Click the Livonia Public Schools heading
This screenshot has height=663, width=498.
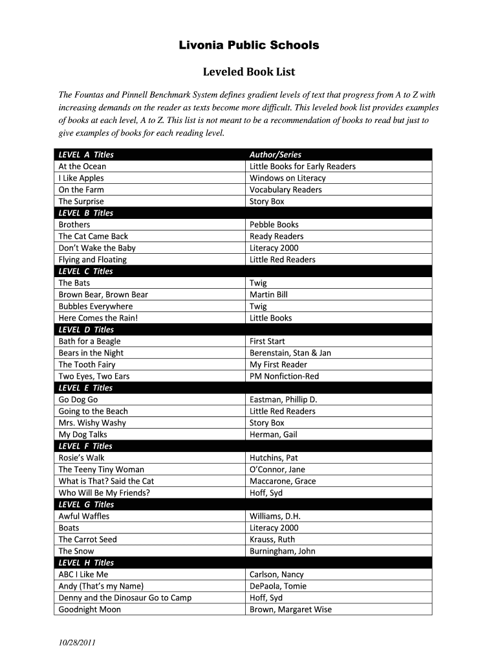[x=249, y=45]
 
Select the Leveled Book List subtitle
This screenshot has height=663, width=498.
[x=249, y=72]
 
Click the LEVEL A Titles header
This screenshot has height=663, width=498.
[x=86, y=155]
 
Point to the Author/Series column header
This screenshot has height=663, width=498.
[x=276, y=155]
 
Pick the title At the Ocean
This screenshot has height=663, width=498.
[x=82, y=166]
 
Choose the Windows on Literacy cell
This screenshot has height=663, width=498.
[x=288, y=178]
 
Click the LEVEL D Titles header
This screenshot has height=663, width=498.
[x=86, y=330]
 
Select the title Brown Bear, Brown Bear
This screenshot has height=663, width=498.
[x=103, y=295]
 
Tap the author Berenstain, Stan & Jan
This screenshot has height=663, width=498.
[x=290, y=353]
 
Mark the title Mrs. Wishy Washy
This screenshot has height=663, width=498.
[x=92, y=423]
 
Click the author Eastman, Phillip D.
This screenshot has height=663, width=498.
[x=283, y=399]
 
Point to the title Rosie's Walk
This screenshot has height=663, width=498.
[x=81, y=458]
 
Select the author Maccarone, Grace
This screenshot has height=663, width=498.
[x=283, y=481]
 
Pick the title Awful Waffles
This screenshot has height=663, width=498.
[x=84, y=516]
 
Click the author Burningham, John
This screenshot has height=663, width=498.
[x=283, y=551]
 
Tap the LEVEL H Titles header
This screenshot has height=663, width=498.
[x=86, y=563]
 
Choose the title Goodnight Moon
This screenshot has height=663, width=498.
[x=90, y=609]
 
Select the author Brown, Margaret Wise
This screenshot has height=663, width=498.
[x=290, y=609]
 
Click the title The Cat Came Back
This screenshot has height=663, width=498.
[x=93, y=236]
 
